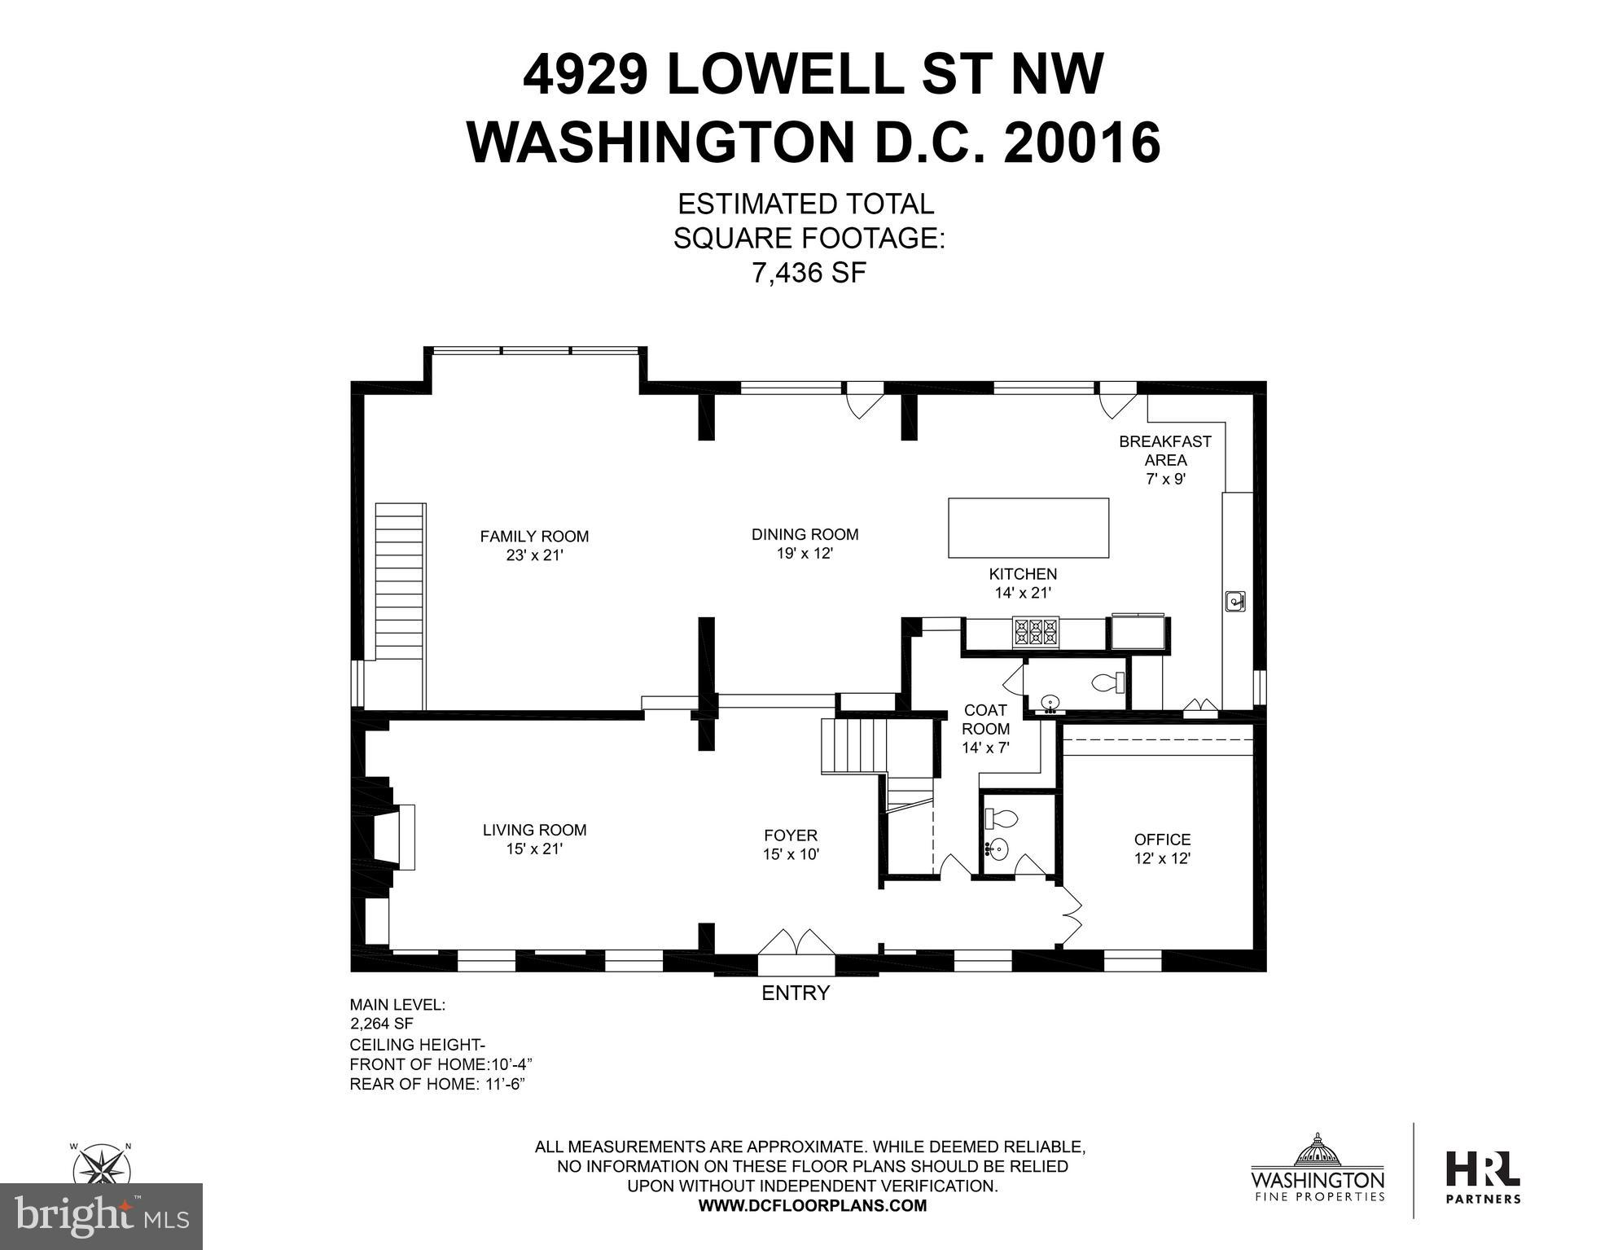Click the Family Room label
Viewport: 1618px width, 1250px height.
533,546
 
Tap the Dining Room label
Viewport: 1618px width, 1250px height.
805,544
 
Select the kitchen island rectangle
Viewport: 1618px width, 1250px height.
1028,528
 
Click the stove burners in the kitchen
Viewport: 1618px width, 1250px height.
1036,633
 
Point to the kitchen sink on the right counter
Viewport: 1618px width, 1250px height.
1235,601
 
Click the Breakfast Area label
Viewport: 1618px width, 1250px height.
1165,460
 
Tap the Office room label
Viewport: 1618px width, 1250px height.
1162,849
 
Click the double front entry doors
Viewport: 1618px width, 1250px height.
796,941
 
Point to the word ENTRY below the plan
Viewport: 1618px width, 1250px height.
796,993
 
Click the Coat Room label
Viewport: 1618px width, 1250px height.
985,729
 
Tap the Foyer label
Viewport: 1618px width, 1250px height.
790,844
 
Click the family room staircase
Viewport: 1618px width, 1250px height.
401,605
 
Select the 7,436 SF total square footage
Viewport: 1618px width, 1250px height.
809,273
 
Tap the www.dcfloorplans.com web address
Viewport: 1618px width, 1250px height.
813,1206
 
